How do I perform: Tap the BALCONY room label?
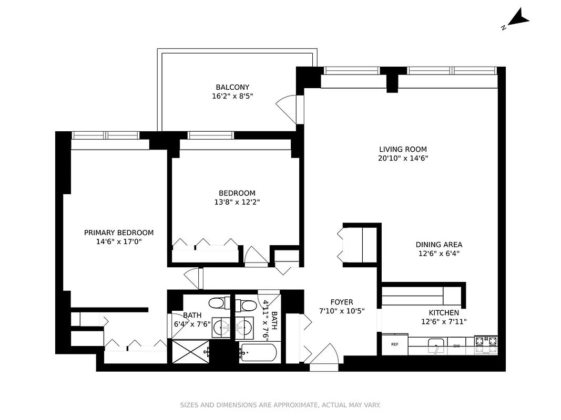click(232, 87)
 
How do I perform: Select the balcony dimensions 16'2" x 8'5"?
click(232, 96)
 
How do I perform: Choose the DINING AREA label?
click(439, 245)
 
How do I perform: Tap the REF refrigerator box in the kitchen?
click(395, 344)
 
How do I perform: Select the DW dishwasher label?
click(456, 345)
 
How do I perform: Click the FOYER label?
click(342, 302)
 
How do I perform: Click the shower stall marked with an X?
click(188, 351)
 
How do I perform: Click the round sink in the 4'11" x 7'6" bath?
click(243, 329)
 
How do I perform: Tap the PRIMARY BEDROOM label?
click(119, 233)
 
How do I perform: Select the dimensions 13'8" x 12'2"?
click(237, 202)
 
